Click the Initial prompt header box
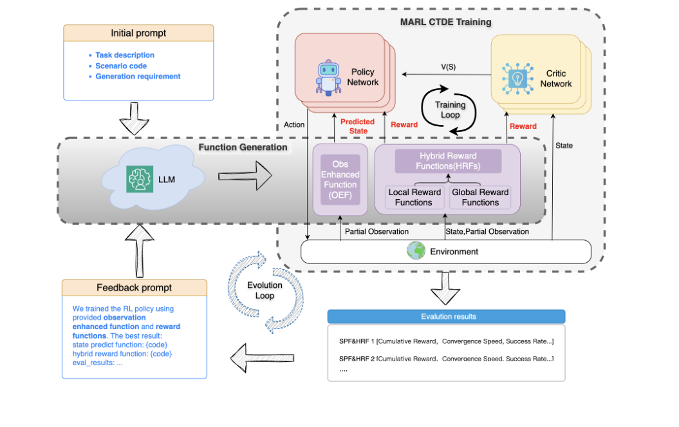click(x=138, y=33)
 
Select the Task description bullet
click(x=125, y=55)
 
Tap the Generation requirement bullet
click(x=138, y=77)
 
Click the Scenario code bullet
click(x=121, y=66)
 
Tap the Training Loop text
click(x=450, y=110)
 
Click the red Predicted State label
click(x=358, y=126)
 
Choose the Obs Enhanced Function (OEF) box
click(x=340, y=179)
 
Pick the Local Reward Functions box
click(x=414, y=197)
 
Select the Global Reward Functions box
click(x=480, y=197)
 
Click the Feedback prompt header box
click(x=134, y=287)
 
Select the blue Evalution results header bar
click(x=446, y=316)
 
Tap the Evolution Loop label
click(x=265, y=290)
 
